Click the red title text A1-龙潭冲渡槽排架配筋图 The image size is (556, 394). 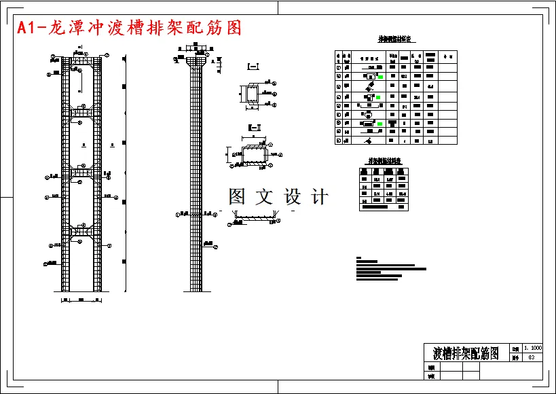tap(129, 28)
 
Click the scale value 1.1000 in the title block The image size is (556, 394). tap(532, 348)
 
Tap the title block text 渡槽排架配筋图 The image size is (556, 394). tap(466, 353)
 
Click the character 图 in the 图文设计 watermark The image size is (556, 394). tap(238, 197)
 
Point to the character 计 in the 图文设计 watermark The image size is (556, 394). tap(319, 197)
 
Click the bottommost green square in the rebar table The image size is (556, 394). tap(380, 124)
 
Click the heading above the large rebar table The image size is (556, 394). tap(396, 39)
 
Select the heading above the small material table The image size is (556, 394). tap(384, 161)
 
